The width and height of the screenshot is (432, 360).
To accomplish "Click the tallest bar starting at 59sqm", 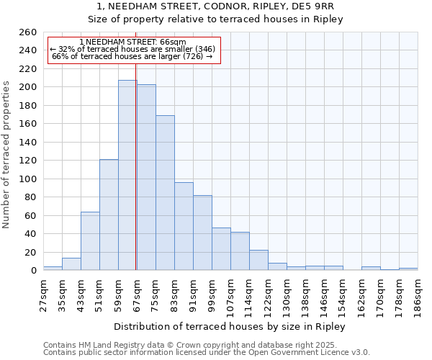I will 127,175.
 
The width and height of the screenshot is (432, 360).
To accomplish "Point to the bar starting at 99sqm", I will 221,249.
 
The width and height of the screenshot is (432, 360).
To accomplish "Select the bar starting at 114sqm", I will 258,260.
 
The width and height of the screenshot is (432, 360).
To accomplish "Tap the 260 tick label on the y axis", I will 28,32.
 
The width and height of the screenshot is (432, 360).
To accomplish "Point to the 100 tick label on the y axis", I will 28,179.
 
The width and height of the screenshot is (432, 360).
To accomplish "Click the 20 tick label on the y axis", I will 31,252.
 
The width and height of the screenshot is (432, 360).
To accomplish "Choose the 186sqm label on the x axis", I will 418,294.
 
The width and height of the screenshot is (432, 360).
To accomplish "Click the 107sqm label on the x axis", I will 231,294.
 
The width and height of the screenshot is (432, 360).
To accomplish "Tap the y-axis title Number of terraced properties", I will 6,155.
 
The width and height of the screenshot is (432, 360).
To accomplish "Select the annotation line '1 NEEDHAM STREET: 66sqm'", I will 133,42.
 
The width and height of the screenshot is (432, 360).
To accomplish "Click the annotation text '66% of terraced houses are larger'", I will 132,56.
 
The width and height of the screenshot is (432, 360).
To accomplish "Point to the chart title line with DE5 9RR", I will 215,6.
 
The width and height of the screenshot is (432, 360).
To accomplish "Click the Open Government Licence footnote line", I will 207,352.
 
